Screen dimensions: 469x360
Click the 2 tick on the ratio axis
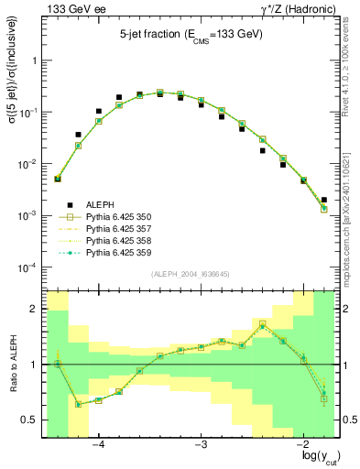tap(37, 309)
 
